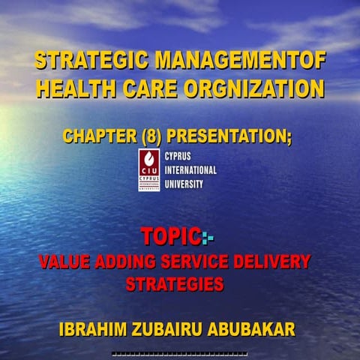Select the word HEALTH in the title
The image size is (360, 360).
[72, 89]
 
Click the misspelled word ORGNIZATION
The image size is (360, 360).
[255, 89]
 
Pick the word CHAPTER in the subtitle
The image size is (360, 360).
[94, 136]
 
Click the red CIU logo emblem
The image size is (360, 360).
[149, 169]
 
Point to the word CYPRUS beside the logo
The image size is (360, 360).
[179, 157]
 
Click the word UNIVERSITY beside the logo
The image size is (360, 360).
[183, 184]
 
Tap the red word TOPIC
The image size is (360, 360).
[170, 237]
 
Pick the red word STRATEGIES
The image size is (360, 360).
[174, 285]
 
